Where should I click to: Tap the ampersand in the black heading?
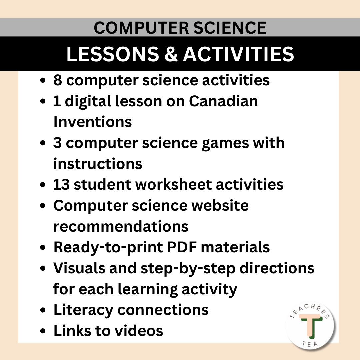point(170,54)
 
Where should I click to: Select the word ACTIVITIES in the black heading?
point(239,54)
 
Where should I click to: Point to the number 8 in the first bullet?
point(57,80)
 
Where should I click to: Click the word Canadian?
point(223,101)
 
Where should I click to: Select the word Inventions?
point(93,122)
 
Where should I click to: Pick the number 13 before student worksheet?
point(61,184)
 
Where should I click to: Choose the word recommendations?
point(121,226)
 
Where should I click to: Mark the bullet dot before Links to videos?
point(43,331)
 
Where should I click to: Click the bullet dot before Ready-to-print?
point(43,248)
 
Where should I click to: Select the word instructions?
point(98,164)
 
